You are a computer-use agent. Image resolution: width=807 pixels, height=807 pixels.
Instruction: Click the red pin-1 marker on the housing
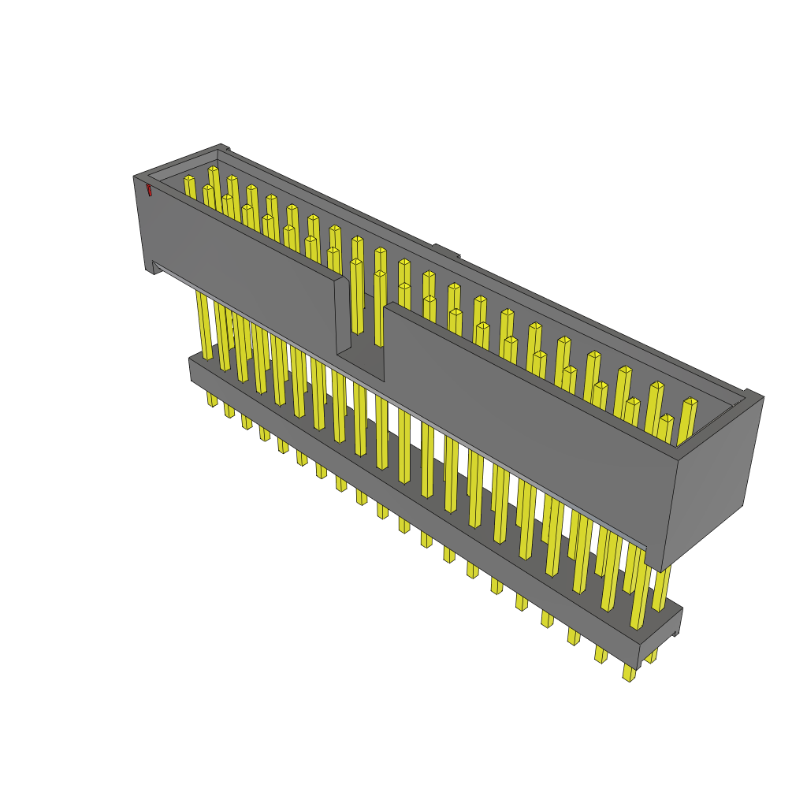point(148,190)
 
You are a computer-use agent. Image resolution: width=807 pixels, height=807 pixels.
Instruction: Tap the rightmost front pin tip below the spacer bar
point(628,673)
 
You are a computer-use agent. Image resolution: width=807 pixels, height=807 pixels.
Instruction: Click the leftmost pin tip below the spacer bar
point(212,400)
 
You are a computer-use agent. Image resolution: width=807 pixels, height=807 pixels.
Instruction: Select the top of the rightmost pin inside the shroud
point(690,403)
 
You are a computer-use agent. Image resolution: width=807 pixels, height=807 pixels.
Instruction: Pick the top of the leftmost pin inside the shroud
point(189,180)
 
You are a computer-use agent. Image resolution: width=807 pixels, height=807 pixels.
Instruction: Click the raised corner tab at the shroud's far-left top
point(224,147)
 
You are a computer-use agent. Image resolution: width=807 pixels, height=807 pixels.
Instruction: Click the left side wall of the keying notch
point(343,315)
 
